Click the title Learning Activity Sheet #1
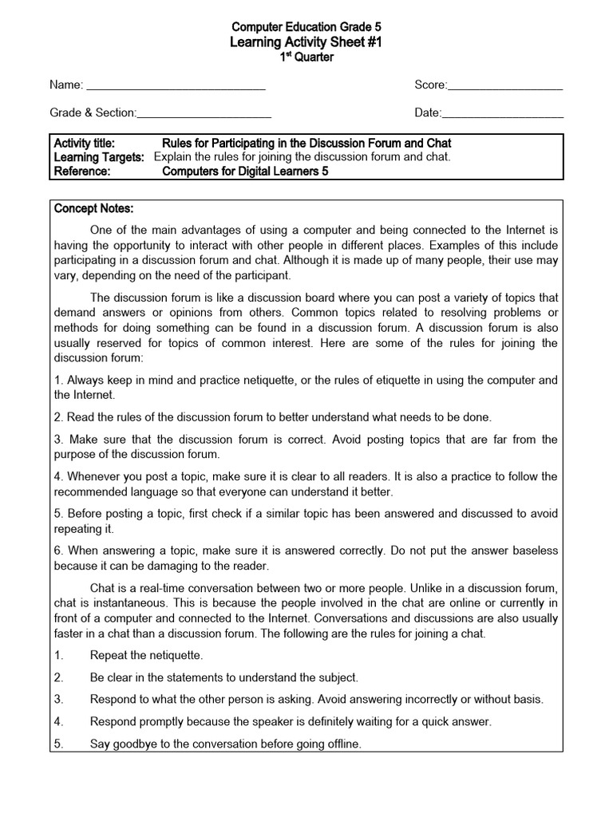306,42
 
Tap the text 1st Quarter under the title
306,57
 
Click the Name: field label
66,85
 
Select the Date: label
427,113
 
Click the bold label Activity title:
84,143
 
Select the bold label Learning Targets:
98,157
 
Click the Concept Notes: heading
93,208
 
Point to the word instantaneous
114,603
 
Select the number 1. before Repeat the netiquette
58,655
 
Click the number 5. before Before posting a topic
58,514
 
